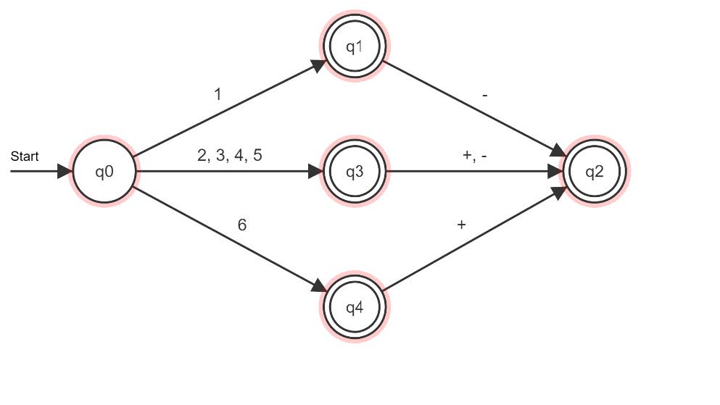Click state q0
pyautogui.click(x=103, y=172)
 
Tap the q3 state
pyautogui.click(x=354, y=172)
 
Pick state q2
pyautogui.click(x=594, y=172)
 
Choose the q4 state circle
pyautogui.click(x=354, y=307)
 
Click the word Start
pyautogui.click(x=25, y=156)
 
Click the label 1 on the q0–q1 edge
pyautogui.click(x=218, y=94)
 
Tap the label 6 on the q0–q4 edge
pyautogui.click(x=242, y=225)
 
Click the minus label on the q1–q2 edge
pyautogui.click(x=484, y=94)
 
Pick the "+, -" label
pyautogui.click(x=474, y=155)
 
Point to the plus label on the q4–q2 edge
pyautogui.click(x=461, y=225)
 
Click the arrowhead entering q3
pyautogui.click(x=315, y=172)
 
